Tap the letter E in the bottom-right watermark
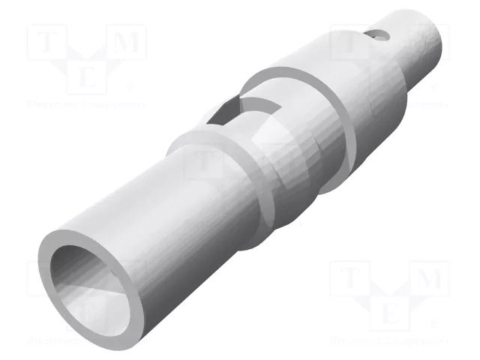point(390,313)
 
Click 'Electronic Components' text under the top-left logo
point(86,105)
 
